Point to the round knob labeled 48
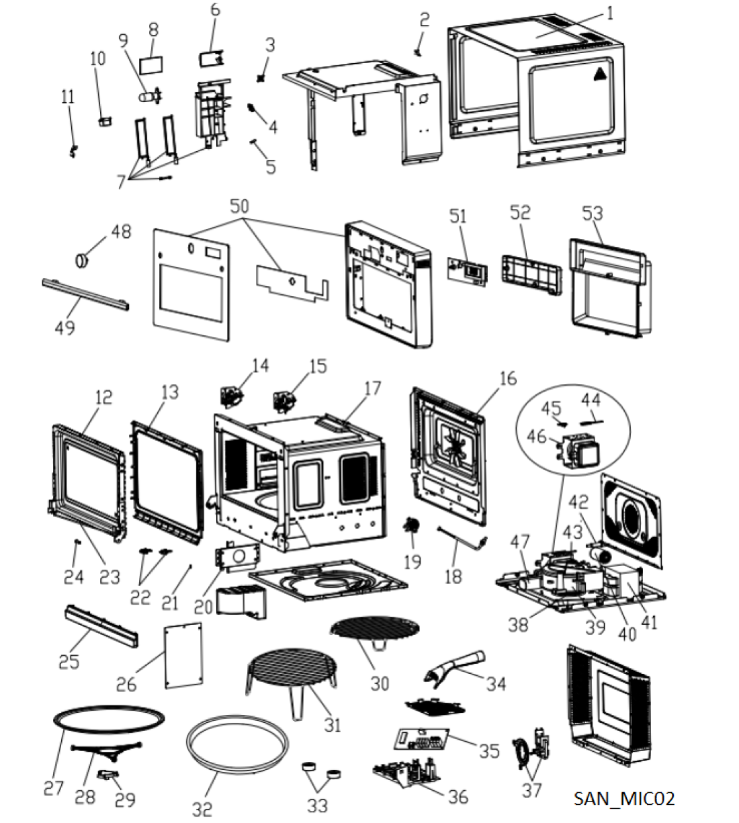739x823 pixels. pyautogui.click(x=82, y=259)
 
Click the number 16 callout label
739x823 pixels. pyautogui.click(x=509, y=378)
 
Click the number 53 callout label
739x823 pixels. pyautogui.click(x=592, y=214)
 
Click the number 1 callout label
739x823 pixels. pyautogui.click(x=610, y=12)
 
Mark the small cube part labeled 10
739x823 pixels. pyautogui.click(x=103, y=122)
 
